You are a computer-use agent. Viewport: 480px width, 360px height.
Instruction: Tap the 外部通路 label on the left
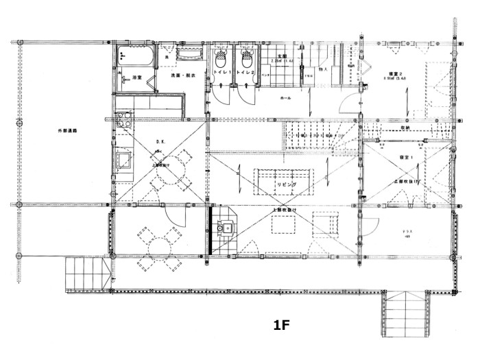coord(67,130)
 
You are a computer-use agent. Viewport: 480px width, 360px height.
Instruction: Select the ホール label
coord(285,99)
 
